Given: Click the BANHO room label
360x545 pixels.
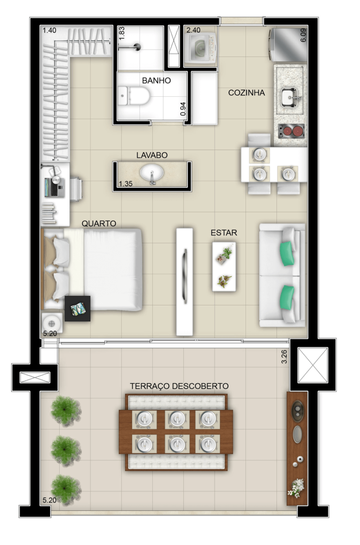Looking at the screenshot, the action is click(x=156, y=81).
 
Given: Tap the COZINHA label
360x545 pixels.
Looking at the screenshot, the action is click(x=246, y=93).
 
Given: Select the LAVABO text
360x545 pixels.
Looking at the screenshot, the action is click(x=152, y=155).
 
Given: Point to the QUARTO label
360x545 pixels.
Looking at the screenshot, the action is click(x=99, y=224).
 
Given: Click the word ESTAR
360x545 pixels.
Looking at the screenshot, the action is click(x=224, y=233).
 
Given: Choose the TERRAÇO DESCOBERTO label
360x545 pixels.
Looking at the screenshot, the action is click(x=179, y=386).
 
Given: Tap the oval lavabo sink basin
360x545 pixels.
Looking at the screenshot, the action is click(x=152, y=173).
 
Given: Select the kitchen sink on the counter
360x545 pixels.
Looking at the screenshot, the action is click(x=291, y=98).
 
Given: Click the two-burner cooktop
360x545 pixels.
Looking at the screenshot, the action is click(x=291, y=131).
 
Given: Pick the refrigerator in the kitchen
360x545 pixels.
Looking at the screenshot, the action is click(x=288, y=45).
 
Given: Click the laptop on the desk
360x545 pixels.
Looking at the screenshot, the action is click(x=54, y=187).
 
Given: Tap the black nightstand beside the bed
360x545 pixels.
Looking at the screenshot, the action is click(x=78, y=308).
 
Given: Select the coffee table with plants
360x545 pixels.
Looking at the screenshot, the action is click(x=224, y=267).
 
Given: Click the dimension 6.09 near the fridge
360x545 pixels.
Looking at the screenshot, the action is click(x=303, y=35).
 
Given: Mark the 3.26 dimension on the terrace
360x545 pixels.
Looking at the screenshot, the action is click(x=284, y=357).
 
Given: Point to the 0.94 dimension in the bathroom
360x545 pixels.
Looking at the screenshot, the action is click(x=183, y=109).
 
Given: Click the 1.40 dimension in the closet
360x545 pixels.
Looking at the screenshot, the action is click(x=50, y=30).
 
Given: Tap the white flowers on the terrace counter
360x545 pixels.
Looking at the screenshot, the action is click(x=296, y=488).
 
